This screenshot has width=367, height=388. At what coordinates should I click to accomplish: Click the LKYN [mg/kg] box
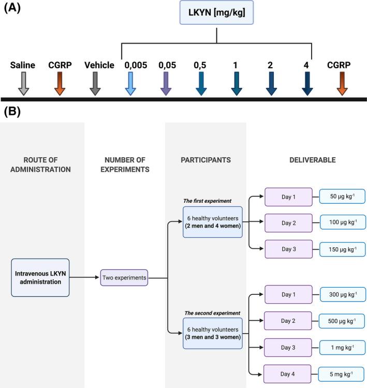pos(216,12)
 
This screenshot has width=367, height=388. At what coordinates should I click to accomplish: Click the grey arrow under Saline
pos(23,83)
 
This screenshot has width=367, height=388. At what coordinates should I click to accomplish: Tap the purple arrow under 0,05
pos(165,83)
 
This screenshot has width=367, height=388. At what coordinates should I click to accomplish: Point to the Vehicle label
pos(99,65)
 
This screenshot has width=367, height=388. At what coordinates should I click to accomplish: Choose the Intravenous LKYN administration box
pos(40,277)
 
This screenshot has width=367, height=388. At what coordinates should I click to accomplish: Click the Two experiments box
pos(124,278)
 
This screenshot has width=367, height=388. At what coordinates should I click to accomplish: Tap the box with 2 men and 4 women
pos(212,221)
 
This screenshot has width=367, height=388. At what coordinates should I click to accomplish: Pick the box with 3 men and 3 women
pos(212,333)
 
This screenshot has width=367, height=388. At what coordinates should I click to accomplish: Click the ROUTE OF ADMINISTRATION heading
pos(40,165)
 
